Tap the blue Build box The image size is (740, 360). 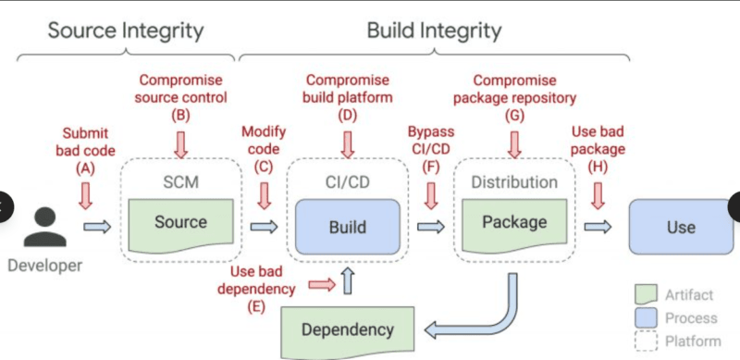coord(347,226)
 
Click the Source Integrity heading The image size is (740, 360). coord(125,30)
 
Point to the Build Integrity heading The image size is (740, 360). coord(435,30)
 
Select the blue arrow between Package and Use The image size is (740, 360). coord(598,226)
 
